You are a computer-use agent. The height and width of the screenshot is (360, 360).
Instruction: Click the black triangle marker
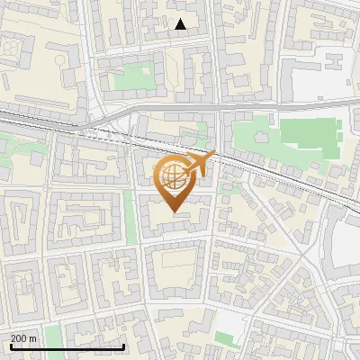tap(181, 24)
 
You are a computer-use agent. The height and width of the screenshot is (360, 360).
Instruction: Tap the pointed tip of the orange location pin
tap(174, 212)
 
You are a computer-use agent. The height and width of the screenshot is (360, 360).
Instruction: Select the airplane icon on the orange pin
tap(200, 163)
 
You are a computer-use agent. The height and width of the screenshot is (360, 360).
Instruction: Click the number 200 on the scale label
tap(19, 338)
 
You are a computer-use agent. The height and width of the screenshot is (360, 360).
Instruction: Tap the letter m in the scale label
tap(33, 338)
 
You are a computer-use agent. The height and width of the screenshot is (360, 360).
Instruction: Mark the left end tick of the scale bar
tap(11, 346)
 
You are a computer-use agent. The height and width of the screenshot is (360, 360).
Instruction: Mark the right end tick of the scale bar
tap(124, 346)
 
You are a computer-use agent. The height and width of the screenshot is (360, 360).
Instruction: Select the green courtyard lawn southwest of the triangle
tap(134, 77)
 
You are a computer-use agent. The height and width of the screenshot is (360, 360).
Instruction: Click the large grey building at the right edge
tap(346, 243)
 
